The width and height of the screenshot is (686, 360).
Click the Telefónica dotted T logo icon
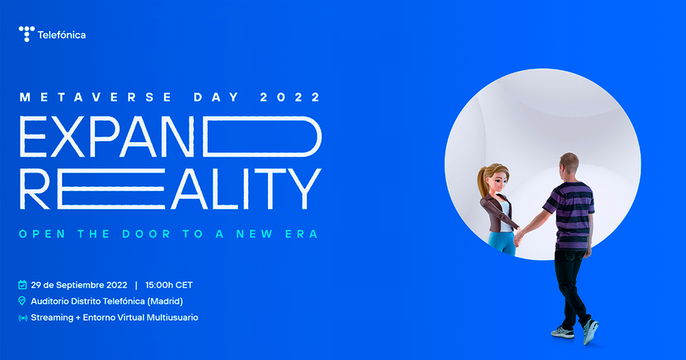pos(26,34)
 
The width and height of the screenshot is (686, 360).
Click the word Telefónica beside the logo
pos(62,35)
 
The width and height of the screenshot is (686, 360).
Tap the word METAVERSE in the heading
pos(96,97)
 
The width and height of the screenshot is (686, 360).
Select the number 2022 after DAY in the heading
pos(291,97)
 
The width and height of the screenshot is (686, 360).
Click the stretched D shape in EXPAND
pos(263,136)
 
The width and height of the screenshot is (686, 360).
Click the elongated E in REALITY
pos(111,188)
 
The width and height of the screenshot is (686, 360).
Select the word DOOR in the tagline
pos(146,234)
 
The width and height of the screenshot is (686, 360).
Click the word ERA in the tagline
pos(302,234)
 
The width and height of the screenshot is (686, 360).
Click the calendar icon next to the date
pos(22,284)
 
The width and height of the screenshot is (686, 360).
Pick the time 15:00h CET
pos(169,285)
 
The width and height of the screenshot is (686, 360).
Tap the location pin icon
pos(22,301)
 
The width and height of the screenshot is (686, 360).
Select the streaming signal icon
pos(23,318)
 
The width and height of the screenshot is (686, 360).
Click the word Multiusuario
pos(173,317)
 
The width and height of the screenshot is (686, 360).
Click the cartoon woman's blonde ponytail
pos(483,181)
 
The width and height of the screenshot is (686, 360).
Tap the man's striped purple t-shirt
pos(572,215)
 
